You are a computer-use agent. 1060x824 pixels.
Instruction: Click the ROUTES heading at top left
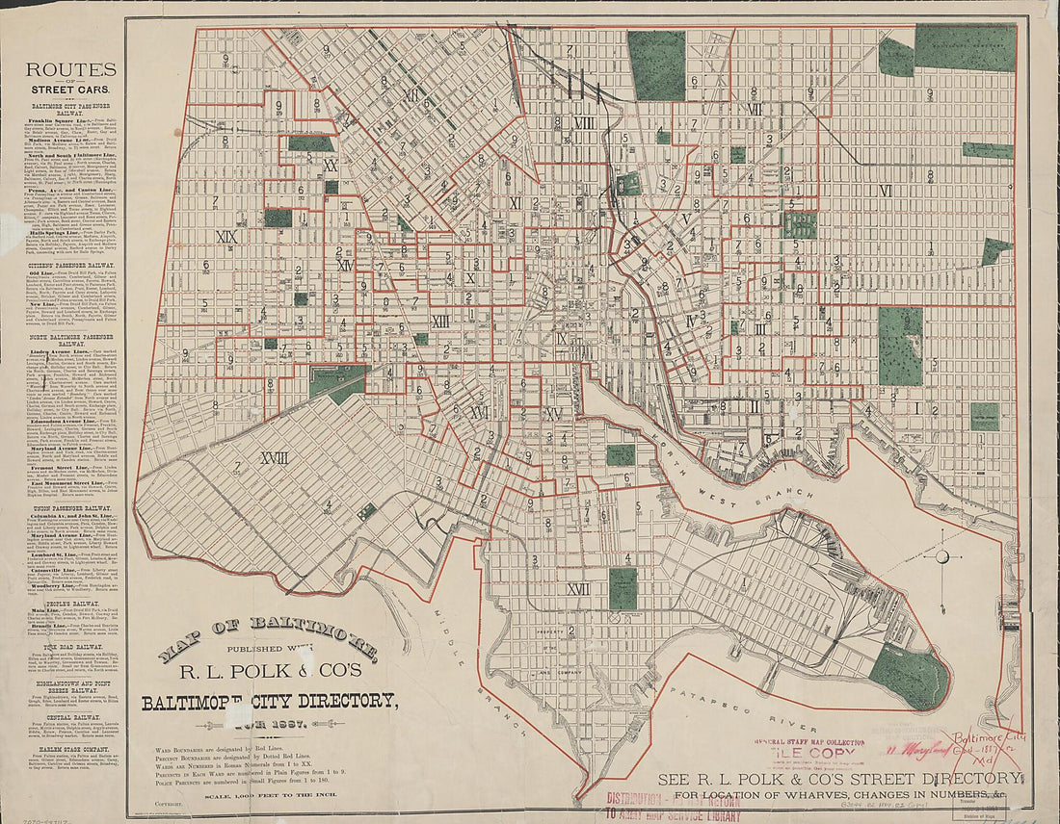(x=70, y=69)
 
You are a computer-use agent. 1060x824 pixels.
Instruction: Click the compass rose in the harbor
(x=941, y=556)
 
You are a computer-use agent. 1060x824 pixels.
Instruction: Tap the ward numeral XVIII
(x=268, y=458)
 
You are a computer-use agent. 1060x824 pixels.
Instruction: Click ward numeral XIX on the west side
(x=227, y=237)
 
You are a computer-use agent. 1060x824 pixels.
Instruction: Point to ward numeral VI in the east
(x=885, y=191)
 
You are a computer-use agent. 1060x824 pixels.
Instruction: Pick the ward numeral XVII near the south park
(x=578, y=589)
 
